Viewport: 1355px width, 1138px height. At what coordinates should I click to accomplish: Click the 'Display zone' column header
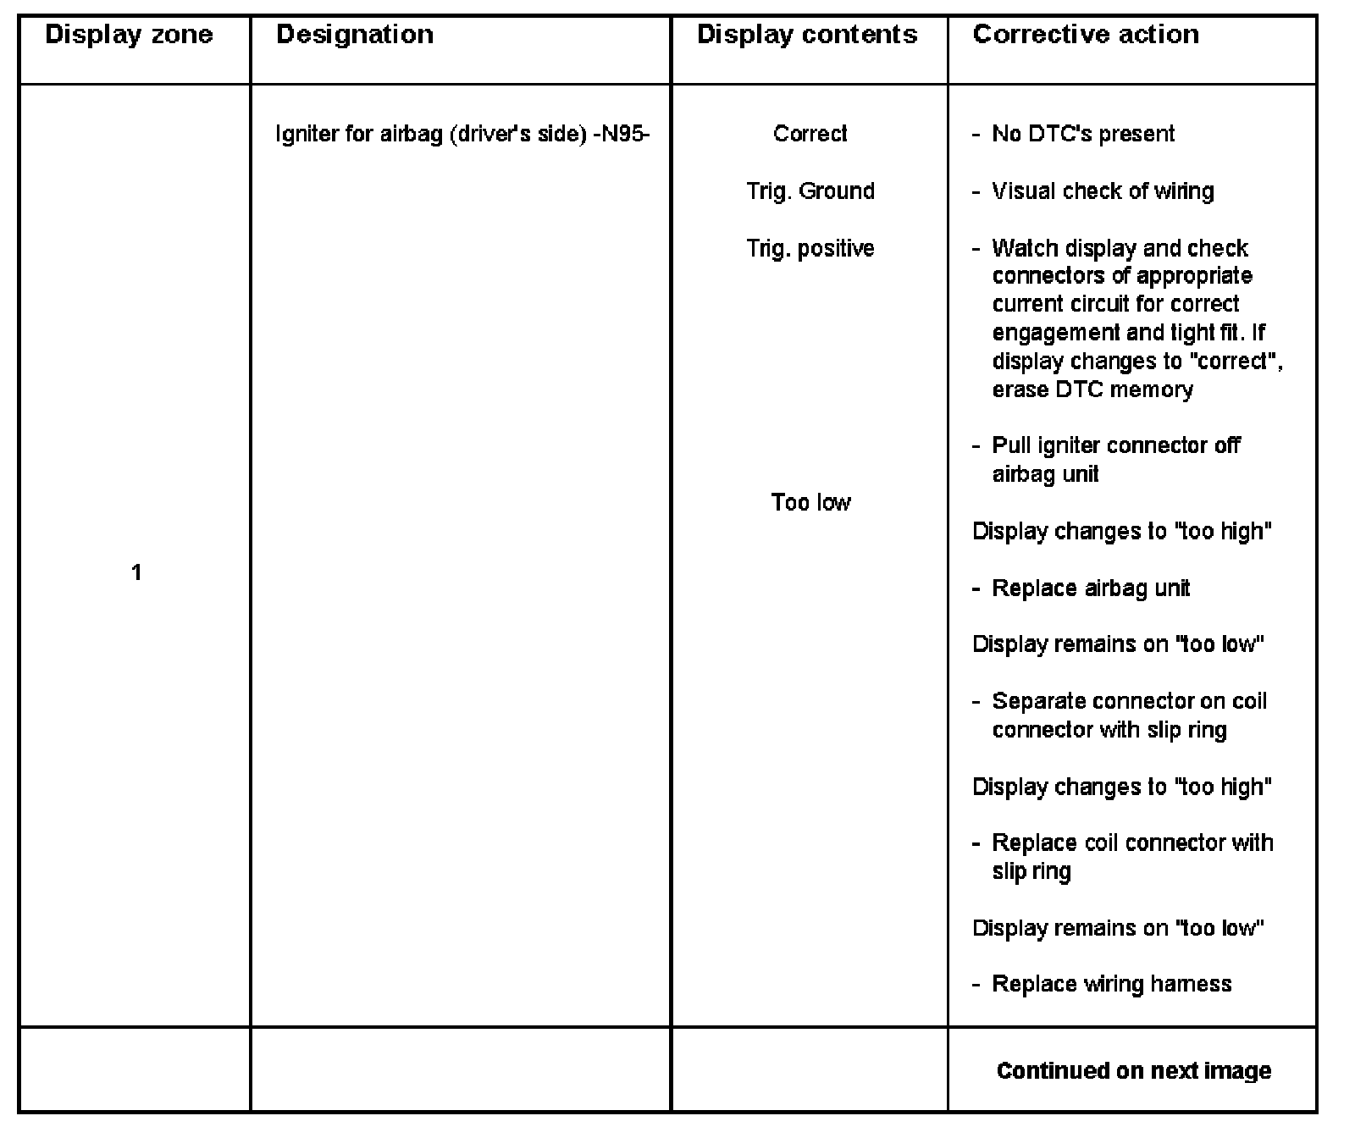coord(129,35)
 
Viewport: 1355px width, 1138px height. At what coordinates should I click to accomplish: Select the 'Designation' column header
coord(355,35)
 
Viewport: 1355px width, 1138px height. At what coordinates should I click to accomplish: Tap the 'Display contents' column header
coord(807,35)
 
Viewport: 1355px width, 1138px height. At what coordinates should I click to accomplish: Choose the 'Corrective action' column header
coord(1086,35)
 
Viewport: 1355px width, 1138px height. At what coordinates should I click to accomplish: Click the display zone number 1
coord(135,573)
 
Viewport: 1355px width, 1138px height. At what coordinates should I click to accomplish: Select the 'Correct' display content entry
coord(810,134)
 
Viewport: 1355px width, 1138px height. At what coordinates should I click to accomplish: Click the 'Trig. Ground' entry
coord(810,191)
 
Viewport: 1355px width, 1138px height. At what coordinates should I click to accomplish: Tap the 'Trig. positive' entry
coord(810,249)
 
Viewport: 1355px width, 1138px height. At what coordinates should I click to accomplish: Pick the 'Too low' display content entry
coord(810,503)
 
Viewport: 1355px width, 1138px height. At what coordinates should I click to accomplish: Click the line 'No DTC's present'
coord(1082,134)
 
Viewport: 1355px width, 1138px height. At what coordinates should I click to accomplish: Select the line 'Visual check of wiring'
coord(1103,191)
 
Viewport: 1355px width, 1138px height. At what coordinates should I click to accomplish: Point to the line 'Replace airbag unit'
coord(1091,588)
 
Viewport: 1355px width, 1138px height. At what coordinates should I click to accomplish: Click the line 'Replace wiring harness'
coord(1111,984)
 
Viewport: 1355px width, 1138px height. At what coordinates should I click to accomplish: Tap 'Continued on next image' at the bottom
coord(1134,1071)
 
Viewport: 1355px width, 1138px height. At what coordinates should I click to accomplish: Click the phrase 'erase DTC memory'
coord(1092,390)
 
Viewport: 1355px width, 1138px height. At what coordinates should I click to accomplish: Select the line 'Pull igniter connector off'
coord(1115,446)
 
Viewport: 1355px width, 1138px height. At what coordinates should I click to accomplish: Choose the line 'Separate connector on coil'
coord(1129,702)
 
